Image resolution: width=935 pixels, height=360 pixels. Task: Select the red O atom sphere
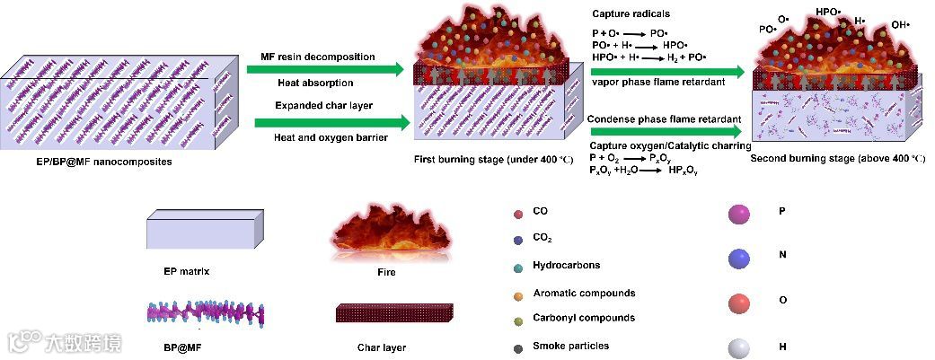click(x=740, y=303)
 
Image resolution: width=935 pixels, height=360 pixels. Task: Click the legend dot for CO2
click(x=518, y=240)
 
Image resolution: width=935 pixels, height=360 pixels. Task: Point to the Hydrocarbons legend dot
click(x=518, y=267)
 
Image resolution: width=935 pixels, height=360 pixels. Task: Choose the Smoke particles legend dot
click(x=518, y=347)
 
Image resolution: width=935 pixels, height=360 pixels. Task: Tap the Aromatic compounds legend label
click(x=583, y=294)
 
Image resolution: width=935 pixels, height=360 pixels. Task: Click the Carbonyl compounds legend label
click(x=583, y=318)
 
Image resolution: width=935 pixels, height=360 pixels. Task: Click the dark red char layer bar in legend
click(x=388, y=314)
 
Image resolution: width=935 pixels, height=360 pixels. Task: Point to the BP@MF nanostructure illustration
click(x=206, y=313)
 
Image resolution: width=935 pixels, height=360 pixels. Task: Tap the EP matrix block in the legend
click(x=205, y=231)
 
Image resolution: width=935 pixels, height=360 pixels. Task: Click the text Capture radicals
click(x=631, y=13)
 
